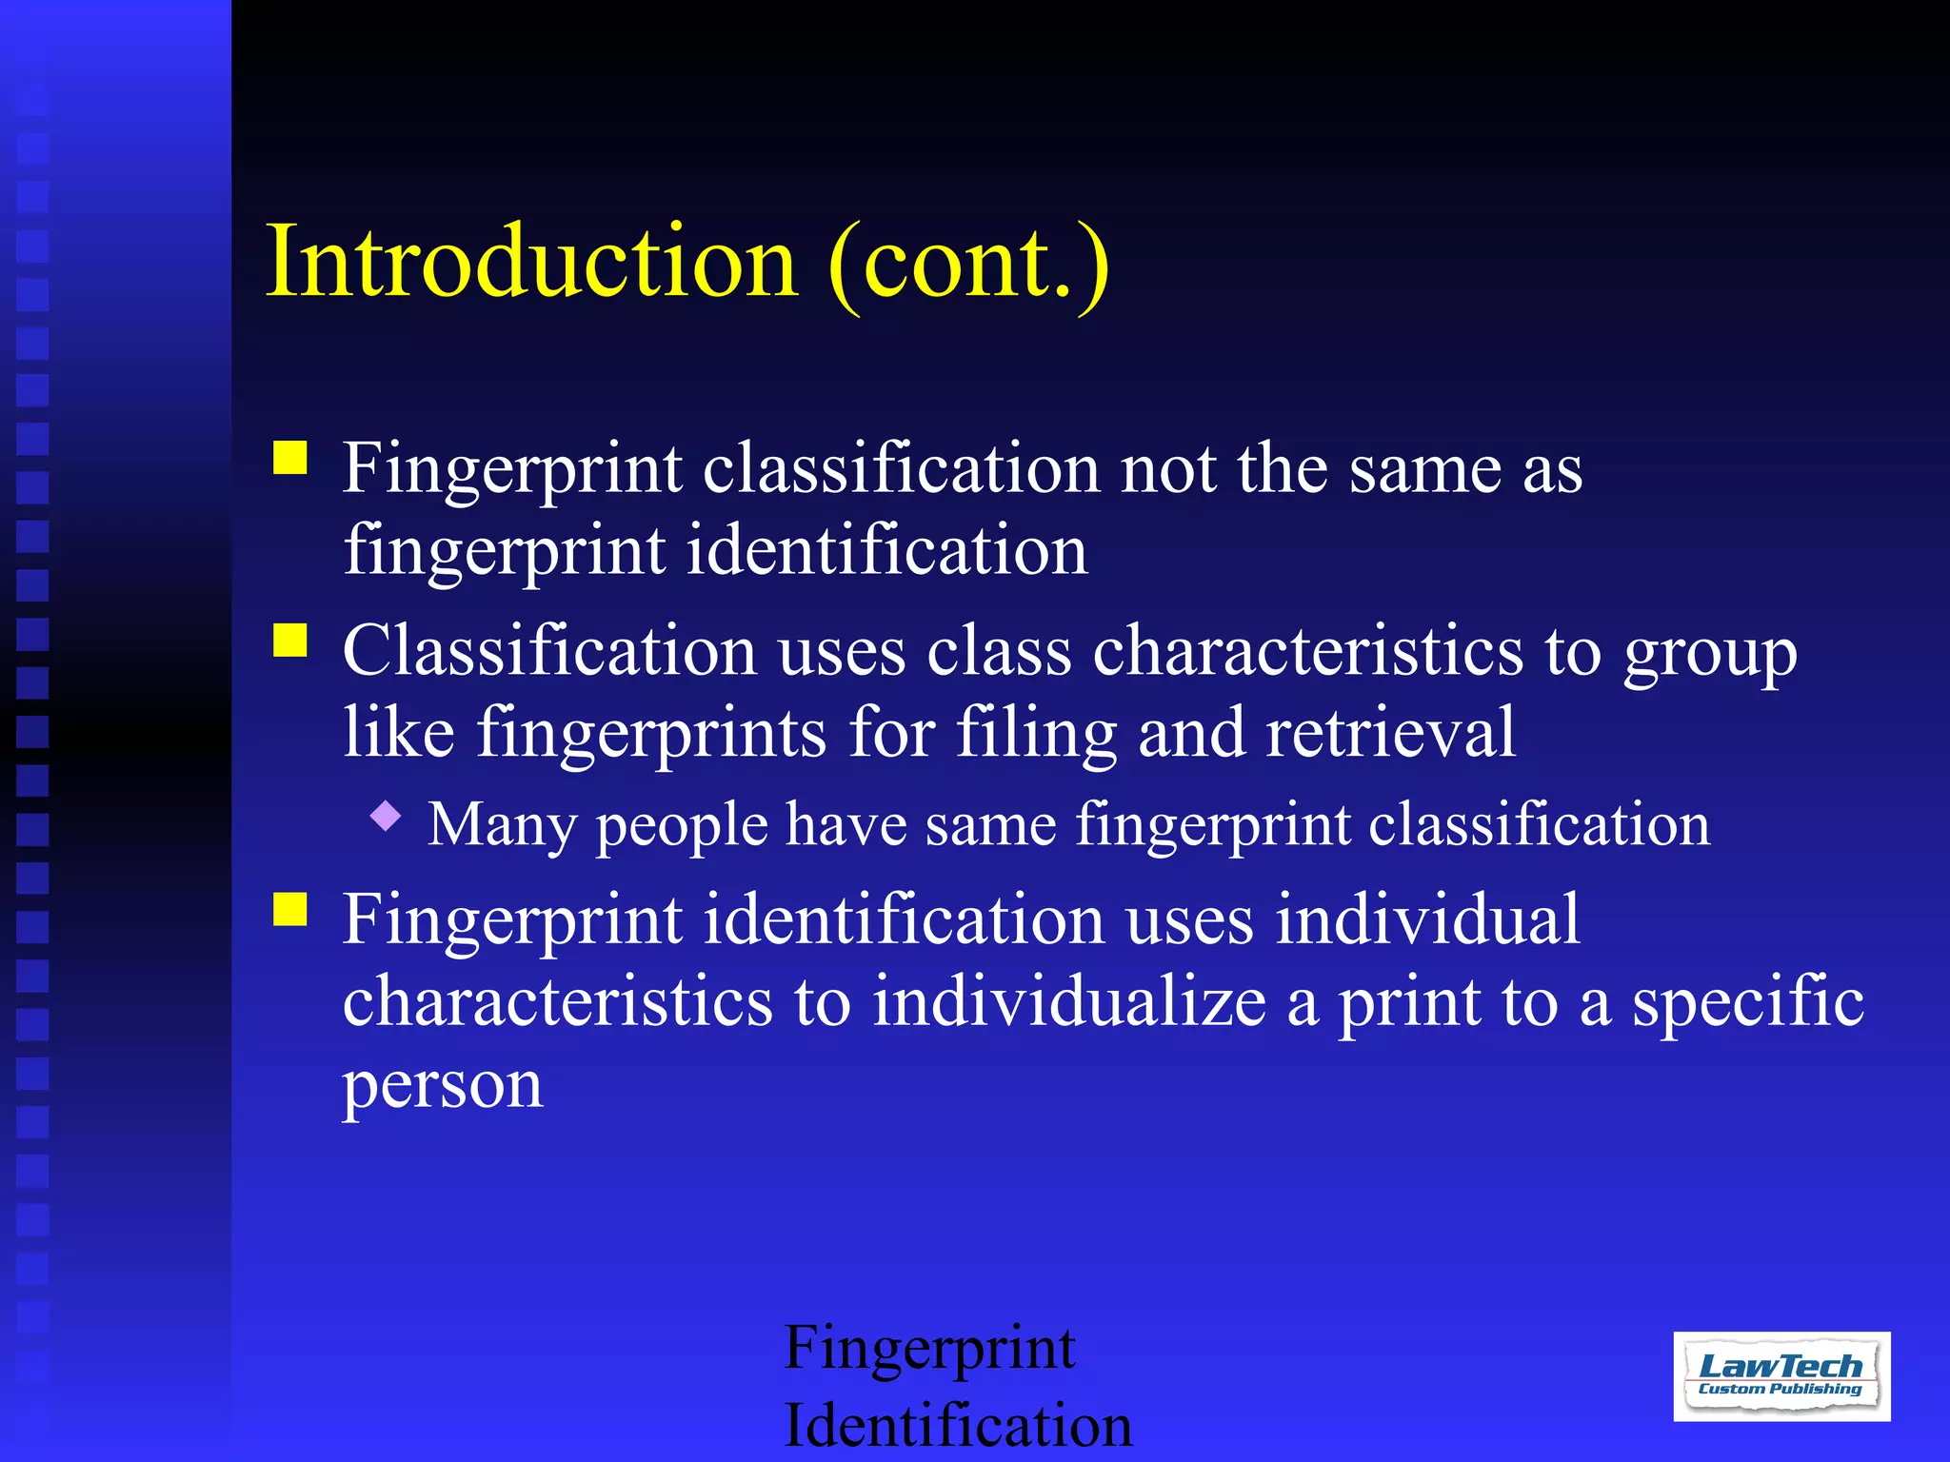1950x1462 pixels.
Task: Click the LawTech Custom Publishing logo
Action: click(1781, 1375)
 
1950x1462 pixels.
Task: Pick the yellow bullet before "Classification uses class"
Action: click(290, 641)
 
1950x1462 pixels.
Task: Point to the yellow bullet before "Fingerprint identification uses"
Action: click(290, 909)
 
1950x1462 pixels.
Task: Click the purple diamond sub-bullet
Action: click(386, 816)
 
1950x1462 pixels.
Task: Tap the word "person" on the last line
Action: click(443, 1085)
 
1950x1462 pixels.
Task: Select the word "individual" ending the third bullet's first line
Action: click(1427, 919)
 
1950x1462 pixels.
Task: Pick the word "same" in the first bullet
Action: click(1424, 470)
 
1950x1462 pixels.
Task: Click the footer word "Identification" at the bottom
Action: click(958, 1425)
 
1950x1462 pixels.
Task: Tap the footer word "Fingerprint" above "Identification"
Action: click(929, 1350)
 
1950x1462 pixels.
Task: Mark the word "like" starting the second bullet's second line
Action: click(399, 733)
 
